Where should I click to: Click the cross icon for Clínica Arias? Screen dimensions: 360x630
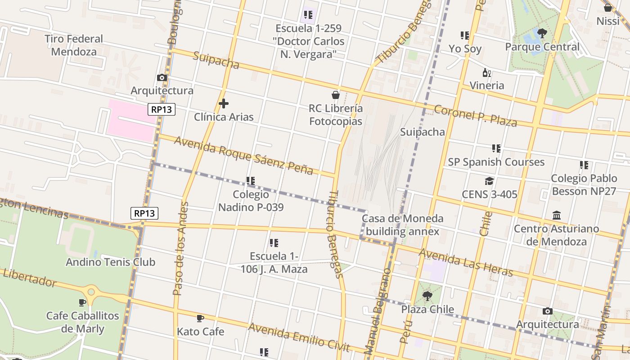[223, 104]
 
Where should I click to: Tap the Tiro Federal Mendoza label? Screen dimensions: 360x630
[74, 45]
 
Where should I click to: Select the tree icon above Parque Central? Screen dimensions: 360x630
[542, 33]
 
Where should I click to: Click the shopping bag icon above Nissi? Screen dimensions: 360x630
[607, 8]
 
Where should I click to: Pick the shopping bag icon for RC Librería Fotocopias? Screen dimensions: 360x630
[335, 95]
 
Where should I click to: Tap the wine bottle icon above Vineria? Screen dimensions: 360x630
[486, 72]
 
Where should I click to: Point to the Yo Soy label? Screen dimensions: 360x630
[465, 49]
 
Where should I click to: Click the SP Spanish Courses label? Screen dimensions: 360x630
[496, 162]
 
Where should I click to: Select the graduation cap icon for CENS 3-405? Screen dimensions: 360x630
[489, 181]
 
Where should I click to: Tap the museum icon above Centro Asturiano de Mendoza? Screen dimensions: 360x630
[556, 215]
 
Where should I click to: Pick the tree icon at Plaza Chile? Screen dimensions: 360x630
[427, 296]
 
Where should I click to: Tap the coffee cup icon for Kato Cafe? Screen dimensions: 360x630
[200, 319]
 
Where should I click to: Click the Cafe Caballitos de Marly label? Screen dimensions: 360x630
[82, 322]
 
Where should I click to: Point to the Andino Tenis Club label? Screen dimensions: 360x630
[110, 262]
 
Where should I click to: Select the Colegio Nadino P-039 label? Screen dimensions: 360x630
[251, 201]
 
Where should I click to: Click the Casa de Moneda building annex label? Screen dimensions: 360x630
[402, 225]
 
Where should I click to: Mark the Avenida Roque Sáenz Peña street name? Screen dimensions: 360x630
[243, 156]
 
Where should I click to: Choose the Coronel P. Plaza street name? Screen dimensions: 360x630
[475, 116]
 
